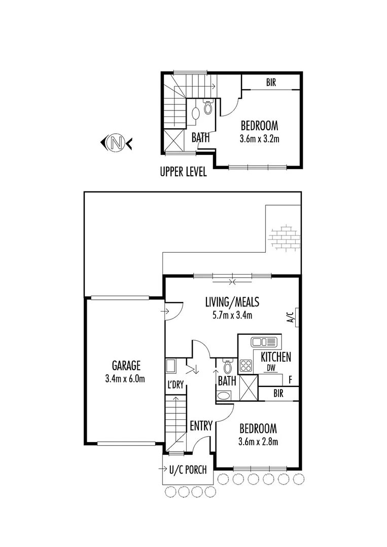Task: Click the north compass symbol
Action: pyautogui.click(x=117, y=143)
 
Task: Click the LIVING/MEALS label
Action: pyautogui.click(x=232, y=302)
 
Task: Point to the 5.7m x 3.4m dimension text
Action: pyautogui.click(x=232, y=315)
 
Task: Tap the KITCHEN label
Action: pyautogui.click(x=275, y=357)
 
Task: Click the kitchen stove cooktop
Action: pyautogui.click(x=246, y=365)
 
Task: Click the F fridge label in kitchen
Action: pyautogui.click(x=290, y=379)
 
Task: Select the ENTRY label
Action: pyautogui.click(x=201, y=426)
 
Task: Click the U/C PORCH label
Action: pyautogui.click(x=188, y=470)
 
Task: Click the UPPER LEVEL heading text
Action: pyautogui.click(x=183, y=172)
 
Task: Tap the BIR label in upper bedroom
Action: pyautogui.click(x=271, y=83)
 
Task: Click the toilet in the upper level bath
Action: pyautogui.click(x=207, y=107)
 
